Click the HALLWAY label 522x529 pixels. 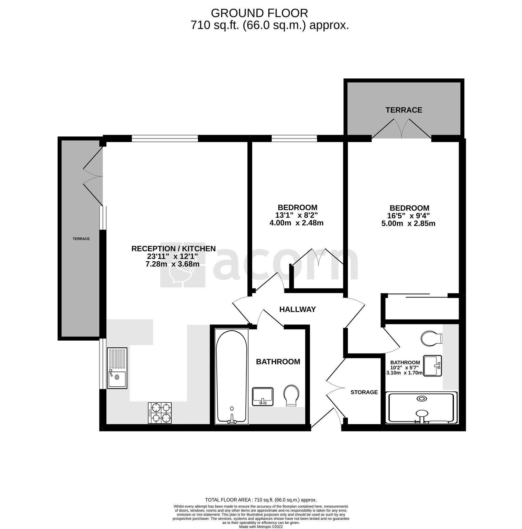tap(297, 309)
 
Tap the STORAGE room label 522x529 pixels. tap(364, 392)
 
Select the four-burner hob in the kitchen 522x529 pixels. tap(160, 413)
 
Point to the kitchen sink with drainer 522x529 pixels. tap(117, 368)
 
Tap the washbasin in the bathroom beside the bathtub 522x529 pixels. tap(263, 396)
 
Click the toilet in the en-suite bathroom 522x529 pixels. tap(431, 338)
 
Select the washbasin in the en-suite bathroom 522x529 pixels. tap(432, 365)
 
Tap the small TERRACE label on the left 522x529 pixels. tap(81, 239)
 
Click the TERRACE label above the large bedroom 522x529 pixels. tap(404, 110)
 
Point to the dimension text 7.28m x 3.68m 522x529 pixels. tap(172, 264)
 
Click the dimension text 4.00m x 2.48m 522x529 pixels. tap(296, 223)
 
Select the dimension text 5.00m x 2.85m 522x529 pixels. tap(408, 224)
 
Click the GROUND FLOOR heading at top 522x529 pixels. tap(259, 13)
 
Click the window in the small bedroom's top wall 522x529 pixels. tap(294, 138)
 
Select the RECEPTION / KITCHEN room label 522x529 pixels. tap(174, 249)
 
